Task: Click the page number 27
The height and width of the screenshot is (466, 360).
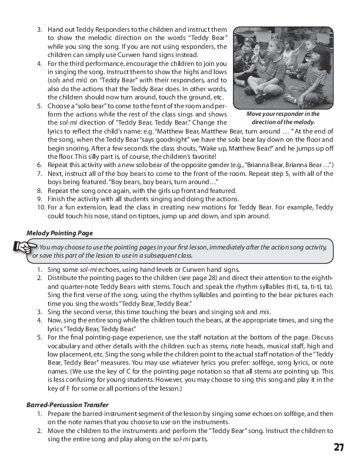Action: (x=339, y=447)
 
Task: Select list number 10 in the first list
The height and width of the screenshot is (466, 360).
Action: (x=41, y=207)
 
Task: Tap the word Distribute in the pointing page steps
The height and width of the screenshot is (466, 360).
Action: (x=62, y=277)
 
